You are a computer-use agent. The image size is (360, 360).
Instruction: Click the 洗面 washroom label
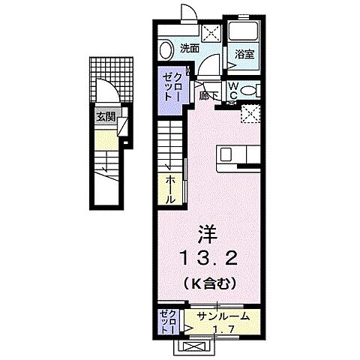pyautogui.click(x=190, y=49)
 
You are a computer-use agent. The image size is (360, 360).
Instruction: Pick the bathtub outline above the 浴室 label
pyautogui.click(x=242, y=32)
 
